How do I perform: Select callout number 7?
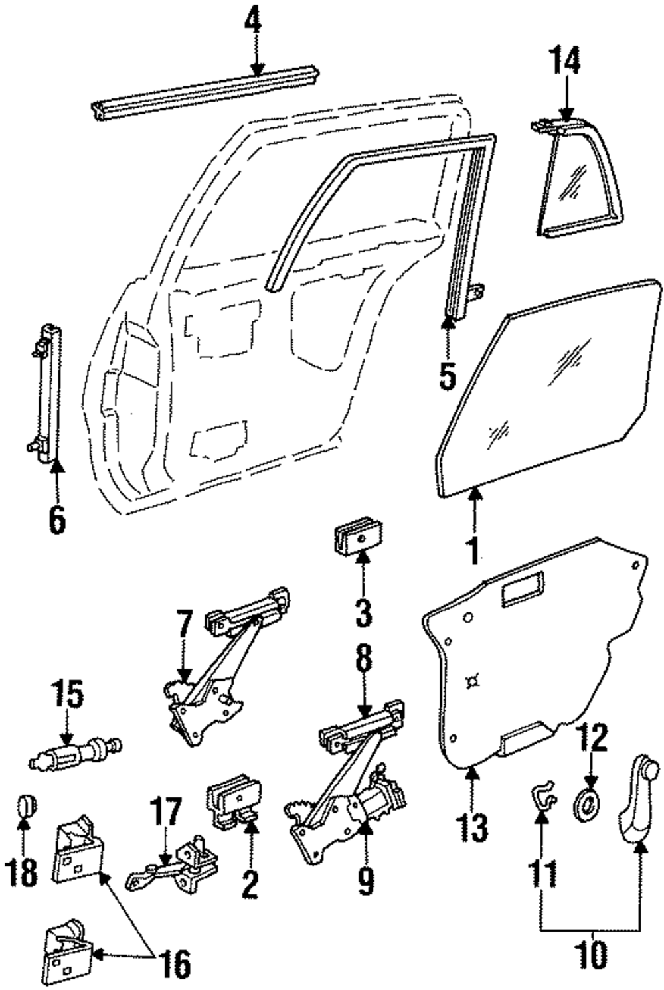(x=185, y=623)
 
